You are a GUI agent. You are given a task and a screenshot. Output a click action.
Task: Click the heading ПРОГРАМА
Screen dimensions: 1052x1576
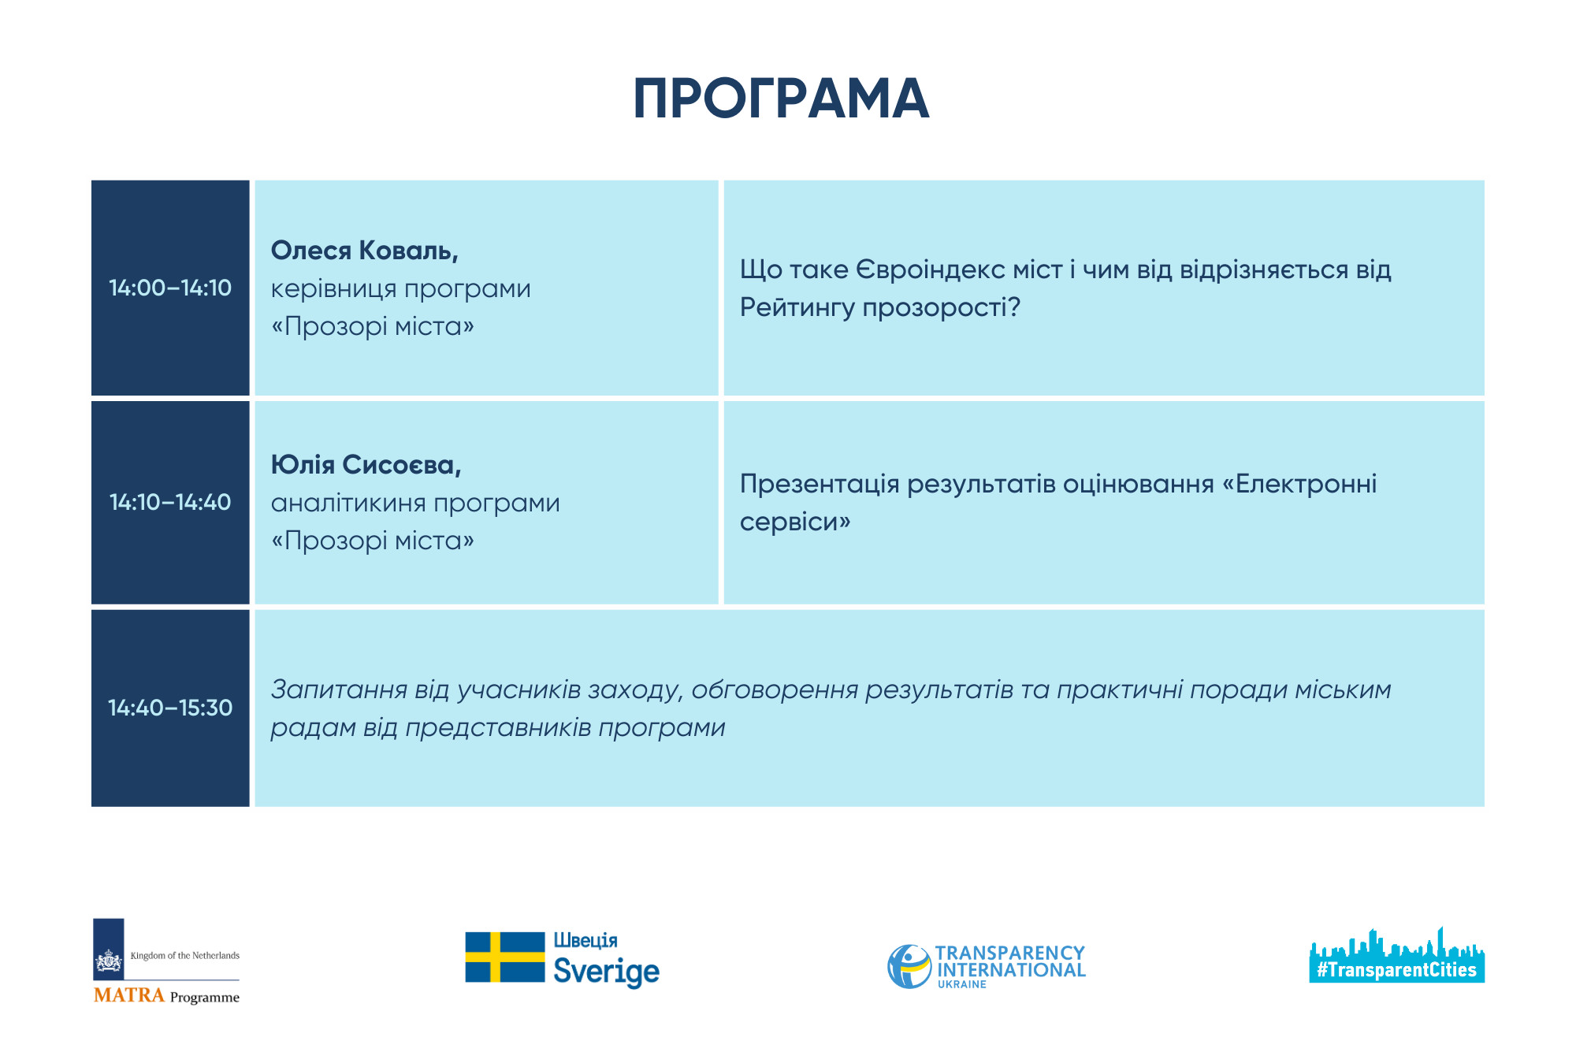[781, 99]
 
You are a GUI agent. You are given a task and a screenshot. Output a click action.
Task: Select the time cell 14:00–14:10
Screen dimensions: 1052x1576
[170, 288]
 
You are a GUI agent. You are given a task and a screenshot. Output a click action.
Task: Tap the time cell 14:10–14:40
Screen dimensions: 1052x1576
[170, 502]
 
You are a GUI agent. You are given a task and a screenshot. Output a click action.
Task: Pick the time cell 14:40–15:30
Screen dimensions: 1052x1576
[170, 708]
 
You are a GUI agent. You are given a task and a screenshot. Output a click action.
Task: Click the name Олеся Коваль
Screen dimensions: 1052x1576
[364, 251]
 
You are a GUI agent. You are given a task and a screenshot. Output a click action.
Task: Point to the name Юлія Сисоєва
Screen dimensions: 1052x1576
[366, 465]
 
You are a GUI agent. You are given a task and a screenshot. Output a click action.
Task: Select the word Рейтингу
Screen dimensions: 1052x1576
[797, 307]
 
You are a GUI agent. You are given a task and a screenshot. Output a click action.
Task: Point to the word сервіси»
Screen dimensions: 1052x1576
[795, 522]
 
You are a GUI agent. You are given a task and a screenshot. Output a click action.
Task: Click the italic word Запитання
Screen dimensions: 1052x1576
[339, 690]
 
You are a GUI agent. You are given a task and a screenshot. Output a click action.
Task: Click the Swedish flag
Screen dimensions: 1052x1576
[504, 957]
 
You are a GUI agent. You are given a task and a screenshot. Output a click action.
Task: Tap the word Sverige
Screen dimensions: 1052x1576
[606, 972]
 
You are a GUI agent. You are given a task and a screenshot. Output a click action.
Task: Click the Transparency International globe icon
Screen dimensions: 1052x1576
[909, 966]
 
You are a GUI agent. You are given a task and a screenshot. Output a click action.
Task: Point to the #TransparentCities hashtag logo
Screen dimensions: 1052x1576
[1396, 956]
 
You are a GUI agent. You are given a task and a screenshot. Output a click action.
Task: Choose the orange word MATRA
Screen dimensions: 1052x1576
[129, 995]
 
